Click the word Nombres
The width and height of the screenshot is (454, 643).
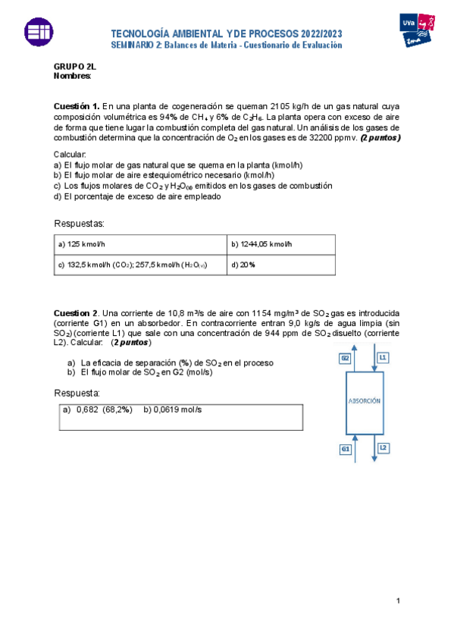72,76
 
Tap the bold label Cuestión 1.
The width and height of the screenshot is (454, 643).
76,106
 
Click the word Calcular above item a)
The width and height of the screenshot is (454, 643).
70,154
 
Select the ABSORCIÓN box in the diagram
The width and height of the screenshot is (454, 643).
363,400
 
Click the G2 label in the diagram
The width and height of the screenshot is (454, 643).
345,356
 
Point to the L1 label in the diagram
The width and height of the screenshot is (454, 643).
383,356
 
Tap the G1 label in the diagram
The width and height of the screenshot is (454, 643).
345,449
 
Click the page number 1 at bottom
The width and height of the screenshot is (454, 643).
396,601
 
